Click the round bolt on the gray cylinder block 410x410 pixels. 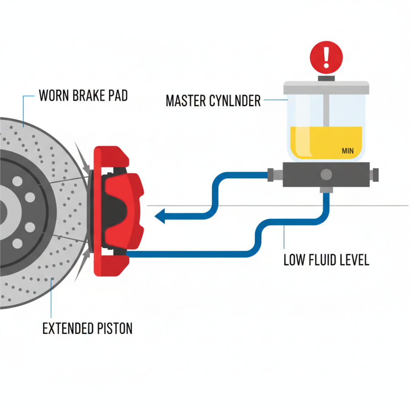point(326,174)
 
